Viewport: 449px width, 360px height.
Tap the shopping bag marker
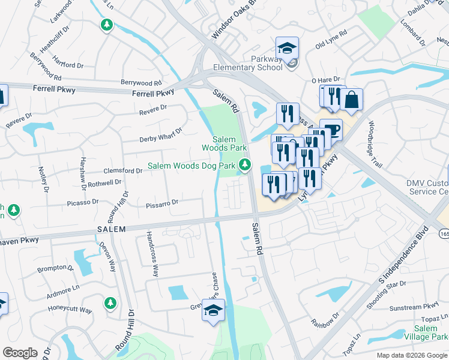point(351,100)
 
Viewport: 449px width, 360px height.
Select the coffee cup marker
point(331,130)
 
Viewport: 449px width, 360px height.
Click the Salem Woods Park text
point(224,143)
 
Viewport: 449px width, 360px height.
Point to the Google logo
point(20,353)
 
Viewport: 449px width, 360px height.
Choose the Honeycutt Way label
point(70,311)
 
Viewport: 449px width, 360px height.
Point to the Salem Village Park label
point(426,332)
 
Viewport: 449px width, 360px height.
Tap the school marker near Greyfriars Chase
point(212,311)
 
